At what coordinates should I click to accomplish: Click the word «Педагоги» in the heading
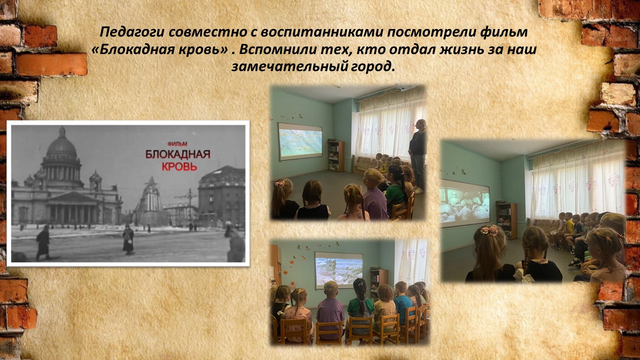(x=132, y=32)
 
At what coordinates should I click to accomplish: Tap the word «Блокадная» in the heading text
(x=133, y=49)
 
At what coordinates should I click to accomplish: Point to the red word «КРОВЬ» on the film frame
(x=179, y=166)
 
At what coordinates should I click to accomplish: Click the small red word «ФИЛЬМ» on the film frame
(x=177, y=144)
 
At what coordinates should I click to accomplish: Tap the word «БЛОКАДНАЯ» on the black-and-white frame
(x=177, y=154)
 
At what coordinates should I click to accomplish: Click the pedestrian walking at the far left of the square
(x=42, y=242)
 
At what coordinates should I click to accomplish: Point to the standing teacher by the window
(x=417, y=156)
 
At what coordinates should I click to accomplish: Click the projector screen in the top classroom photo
(x=300, y=141)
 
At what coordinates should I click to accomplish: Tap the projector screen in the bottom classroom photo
(x=339, y=270)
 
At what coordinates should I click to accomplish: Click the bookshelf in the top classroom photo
(x=335, y=155)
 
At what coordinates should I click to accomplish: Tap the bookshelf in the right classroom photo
(x=507, y=220)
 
